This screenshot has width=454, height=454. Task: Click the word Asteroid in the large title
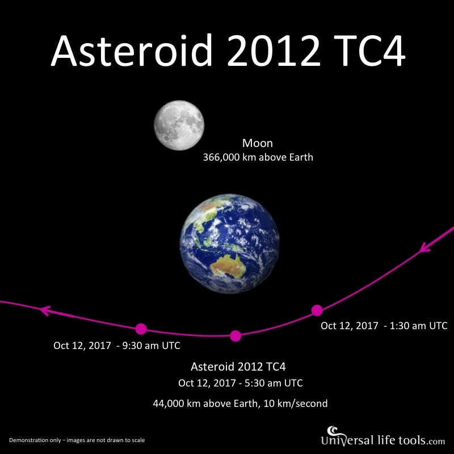pos(132,51)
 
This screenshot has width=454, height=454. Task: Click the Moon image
pos(179,125)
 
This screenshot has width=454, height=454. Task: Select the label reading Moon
pos(258,143)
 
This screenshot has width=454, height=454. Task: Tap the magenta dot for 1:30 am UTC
pos(317,310)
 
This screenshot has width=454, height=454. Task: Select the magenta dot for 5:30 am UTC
pos(236,336)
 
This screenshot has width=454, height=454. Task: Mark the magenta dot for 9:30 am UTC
pos(141,329)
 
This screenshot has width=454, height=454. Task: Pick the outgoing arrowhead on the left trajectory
pos(45,310)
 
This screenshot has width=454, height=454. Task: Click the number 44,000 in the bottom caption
pos(169,403)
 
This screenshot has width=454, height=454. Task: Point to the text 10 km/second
pos(295,403)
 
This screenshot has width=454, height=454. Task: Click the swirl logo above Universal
pos(333,430)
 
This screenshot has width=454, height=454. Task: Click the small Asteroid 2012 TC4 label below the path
pos(238,367)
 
